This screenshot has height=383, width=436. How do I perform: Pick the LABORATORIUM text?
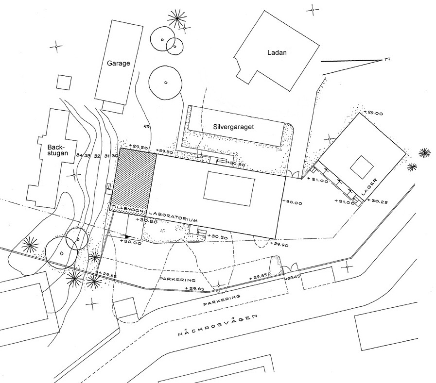point(174,216)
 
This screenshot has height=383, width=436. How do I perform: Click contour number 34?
point(79,155)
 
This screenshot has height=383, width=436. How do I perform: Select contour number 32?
point(97,156)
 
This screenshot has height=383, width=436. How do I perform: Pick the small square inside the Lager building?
point(361,167)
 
